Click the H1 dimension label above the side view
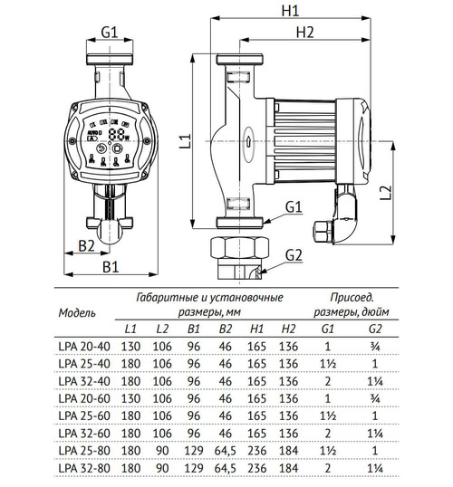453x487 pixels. [x=291, y=12]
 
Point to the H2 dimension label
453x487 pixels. [x=304, y=33]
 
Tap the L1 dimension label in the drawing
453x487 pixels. [x=183, y=140]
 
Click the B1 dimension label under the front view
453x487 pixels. [x=110, y=267]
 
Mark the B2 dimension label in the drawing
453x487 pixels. [x=86, y=246]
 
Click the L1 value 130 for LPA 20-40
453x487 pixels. [x=130, y=346]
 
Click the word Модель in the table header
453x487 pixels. [x=77, y=312]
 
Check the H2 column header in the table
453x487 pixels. [x=288, y=328]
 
